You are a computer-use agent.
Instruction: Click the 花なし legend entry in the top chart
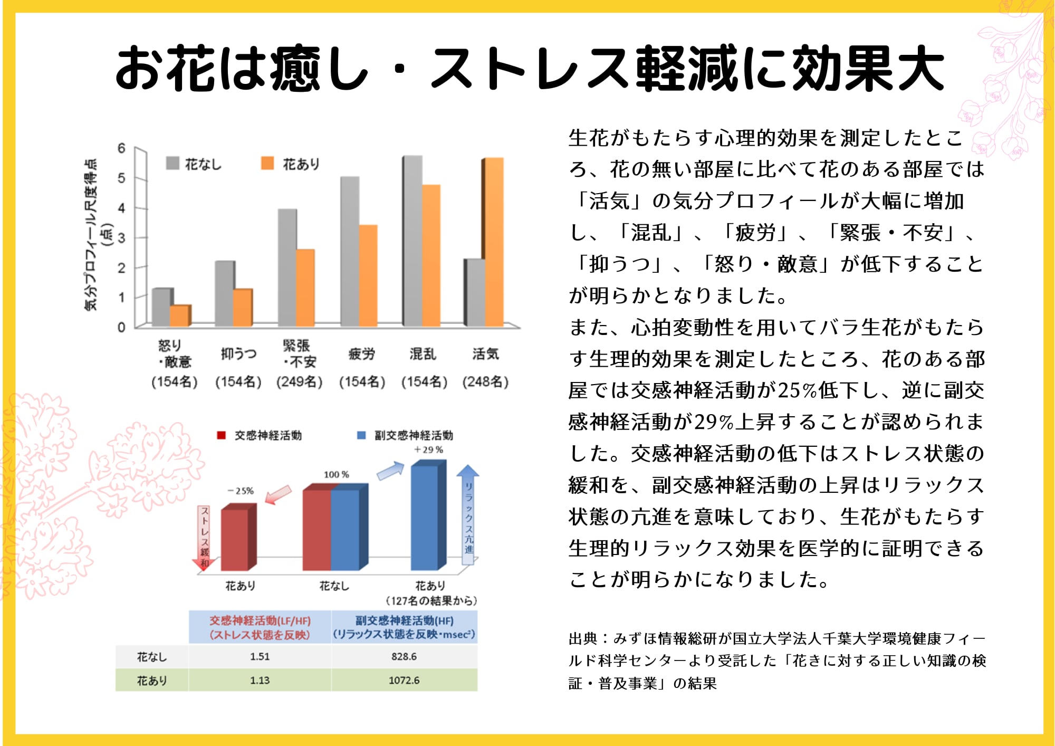pyautogui.click(x=194, y=164)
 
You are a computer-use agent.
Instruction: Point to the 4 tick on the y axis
pyautogui.click(x=122, y=208)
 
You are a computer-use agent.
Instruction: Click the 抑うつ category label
pyautogui.click(x=238, y=353)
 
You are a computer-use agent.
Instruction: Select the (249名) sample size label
pyautogui.click(x=299, y=381)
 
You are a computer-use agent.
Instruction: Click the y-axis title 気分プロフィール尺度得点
pyautogui.click(x=91, y=234)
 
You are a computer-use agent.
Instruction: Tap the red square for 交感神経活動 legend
pyautogui.click(x=222, y=435)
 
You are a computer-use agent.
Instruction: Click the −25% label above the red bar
pyautogui.click(x=241, y=491)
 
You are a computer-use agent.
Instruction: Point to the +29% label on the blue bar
pyautogui.click(x=428, y=449)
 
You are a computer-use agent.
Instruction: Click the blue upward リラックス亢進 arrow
pyautogui.click(x=468, y=514)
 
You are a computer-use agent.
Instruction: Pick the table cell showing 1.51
pyautogui.click(x=260, y=656)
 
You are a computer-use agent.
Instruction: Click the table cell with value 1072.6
pyautogui.click(x=404, y=680)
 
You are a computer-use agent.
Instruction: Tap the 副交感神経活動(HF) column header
pyautogui.click(x=404, y=627)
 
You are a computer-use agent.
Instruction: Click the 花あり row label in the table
pyautogui.click(x=152, y=681)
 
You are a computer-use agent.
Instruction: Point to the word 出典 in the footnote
pyautogui.click(x=583, y=639)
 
